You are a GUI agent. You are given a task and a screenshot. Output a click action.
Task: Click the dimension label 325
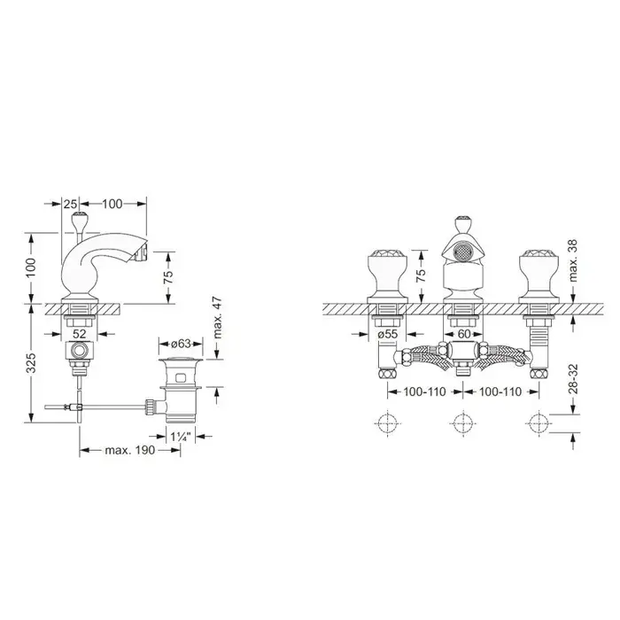(x=32, y=362)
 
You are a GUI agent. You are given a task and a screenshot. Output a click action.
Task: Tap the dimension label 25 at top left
(x=70, y=204)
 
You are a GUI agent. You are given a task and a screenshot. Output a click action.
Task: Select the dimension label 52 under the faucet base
(x=80, y=334)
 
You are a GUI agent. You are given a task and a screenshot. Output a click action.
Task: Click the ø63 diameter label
(x=182, y=344)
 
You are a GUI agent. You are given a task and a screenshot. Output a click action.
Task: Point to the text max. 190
(x=130, y=450)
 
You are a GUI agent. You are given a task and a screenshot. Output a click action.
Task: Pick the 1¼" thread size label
(x=181, y=437)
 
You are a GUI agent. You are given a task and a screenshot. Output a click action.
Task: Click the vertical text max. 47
(x=218, y=317)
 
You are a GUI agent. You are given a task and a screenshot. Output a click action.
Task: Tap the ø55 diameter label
(x=388, y=334)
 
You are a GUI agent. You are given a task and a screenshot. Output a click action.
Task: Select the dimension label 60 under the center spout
(x=464, y=334)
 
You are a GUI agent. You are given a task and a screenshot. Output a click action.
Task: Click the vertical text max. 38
(x=573, y=260)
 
